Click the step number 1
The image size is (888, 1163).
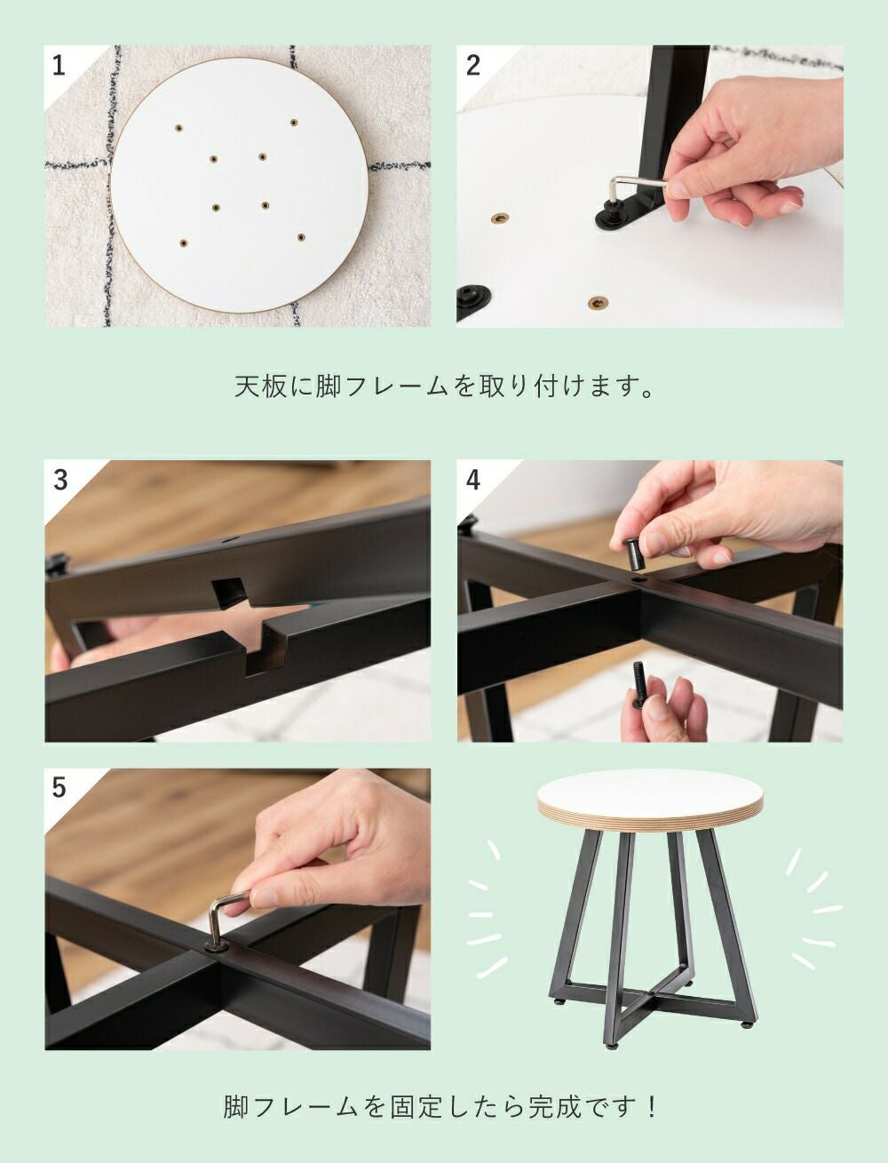coord(59,67)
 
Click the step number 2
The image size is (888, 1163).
coord(472,67)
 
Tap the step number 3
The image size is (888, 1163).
coord(60,481)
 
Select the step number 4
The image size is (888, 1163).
coord(472,481)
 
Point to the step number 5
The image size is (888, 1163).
coord(59,788)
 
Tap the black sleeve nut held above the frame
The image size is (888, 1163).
coord(634,554)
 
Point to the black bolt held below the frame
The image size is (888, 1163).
coord(639,682)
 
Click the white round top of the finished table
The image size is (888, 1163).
coord(650,791)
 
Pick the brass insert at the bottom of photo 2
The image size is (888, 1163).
coord(598,303)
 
